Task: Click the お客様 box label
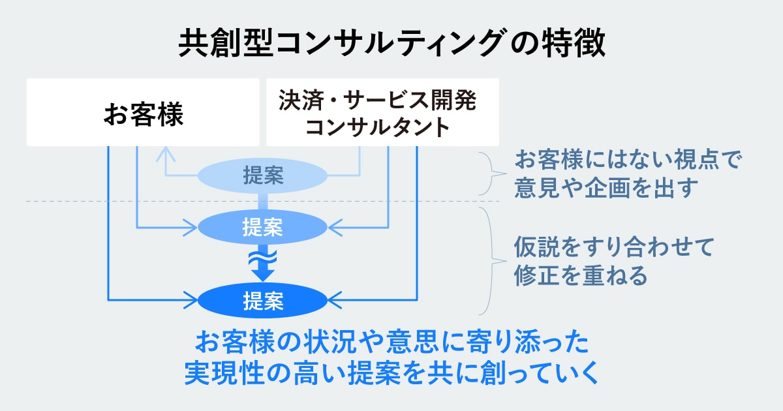[x=144, y=114]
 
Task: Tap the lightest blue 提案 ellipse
[x=262, y=175]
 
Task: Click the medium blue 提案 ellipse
[x=262, y=227]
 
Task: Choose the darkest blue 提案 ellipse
[x=262, y=301]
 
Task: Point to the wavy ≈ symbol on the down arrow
[x=262, y=258]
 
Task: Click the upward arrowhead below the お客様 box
[x=166, y=154]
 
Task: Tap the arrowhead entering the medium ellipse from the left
[x=191, y=228]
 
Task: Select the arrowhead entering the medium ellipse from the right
[x=335, y=228]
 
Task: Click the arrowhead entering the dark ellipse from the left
[x=191, y=300]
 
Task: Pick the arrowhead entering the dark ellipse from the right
[x=335, y=300]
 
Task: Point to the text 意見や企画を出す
[x=606, y=188]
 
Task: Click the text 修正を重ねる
[x=581, y=275]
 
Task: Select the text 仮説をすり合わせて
[x=614, y=247]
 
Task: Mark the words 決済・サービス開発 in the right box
[x=378, y=100]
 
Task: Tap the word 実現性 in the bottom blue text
[x=224, y=373]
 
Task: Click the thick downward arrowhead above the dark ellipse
[x=262, y=275]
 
